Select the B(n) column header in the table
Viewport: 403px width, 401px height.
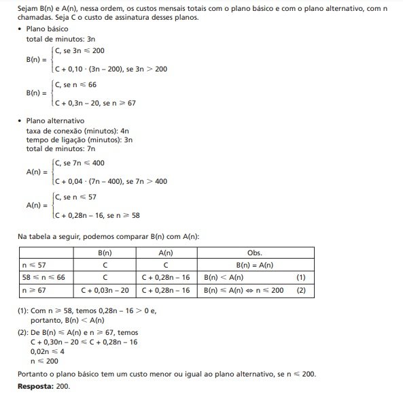coord(105,252)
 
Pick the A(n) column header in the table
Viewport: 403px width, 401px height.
coord(167,252)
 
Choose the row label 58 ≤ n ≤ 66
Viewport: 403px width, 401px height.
coord(41,278)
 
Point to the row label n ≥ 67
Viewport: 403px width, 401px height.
coord(35,291)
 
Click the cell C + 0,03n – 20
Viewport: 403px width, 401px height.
coord(105,291)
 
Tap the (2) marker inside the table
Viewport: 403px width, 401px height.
coord(302,291)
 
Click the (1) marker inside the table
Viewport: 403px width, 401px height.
coord(302,278)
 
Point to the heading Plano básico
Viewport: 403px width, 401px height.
coord(46,31)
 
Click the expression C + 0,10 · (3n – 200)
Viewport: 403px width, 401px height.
coord(92,69)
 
